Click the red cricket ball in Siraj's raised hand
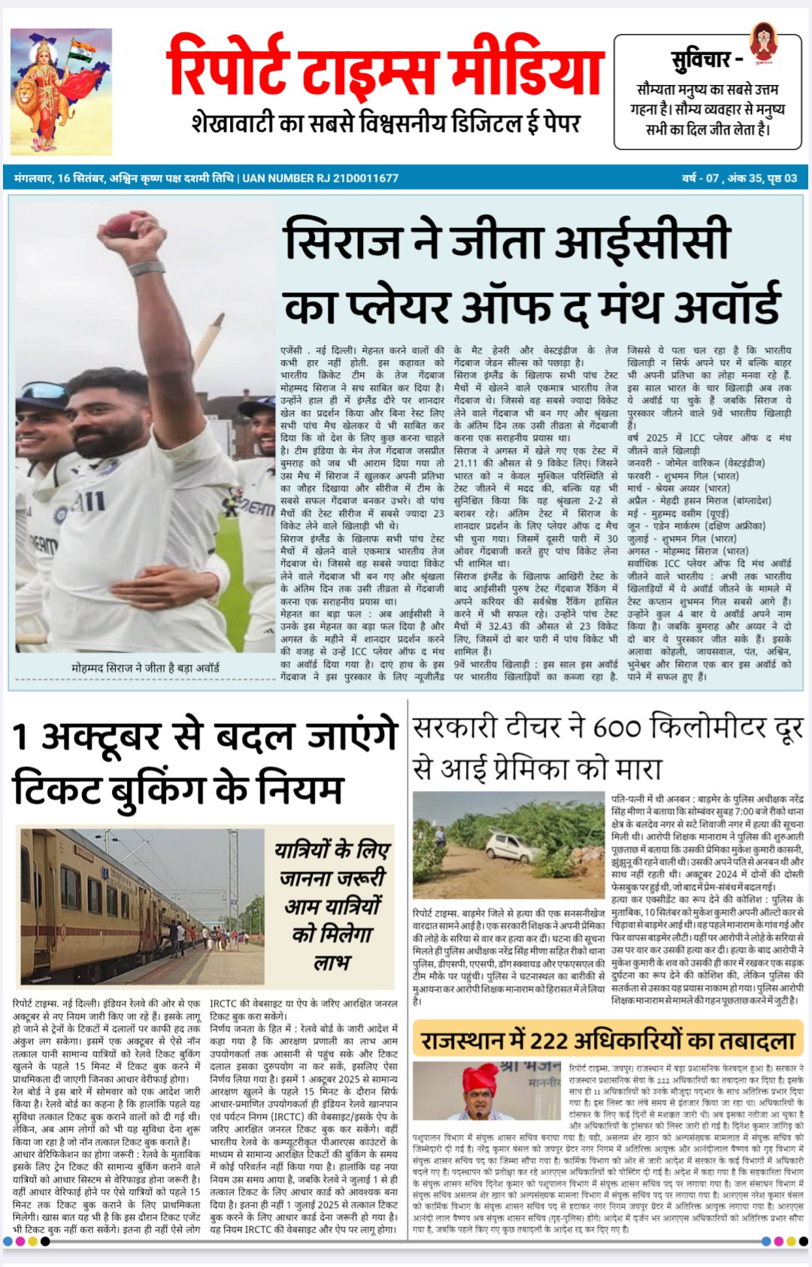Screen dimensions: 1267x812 [121, 223]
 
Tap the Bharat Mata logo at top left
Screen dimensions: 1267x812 [61, 90]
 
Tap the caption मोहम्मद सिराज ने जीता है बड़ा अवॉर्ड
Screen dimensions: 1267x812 [145, 668]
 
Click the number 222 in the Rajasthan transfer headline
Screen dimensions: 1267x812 [550, 1041]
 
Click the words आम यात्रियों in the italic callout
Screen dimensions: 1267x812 [332, 906]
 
